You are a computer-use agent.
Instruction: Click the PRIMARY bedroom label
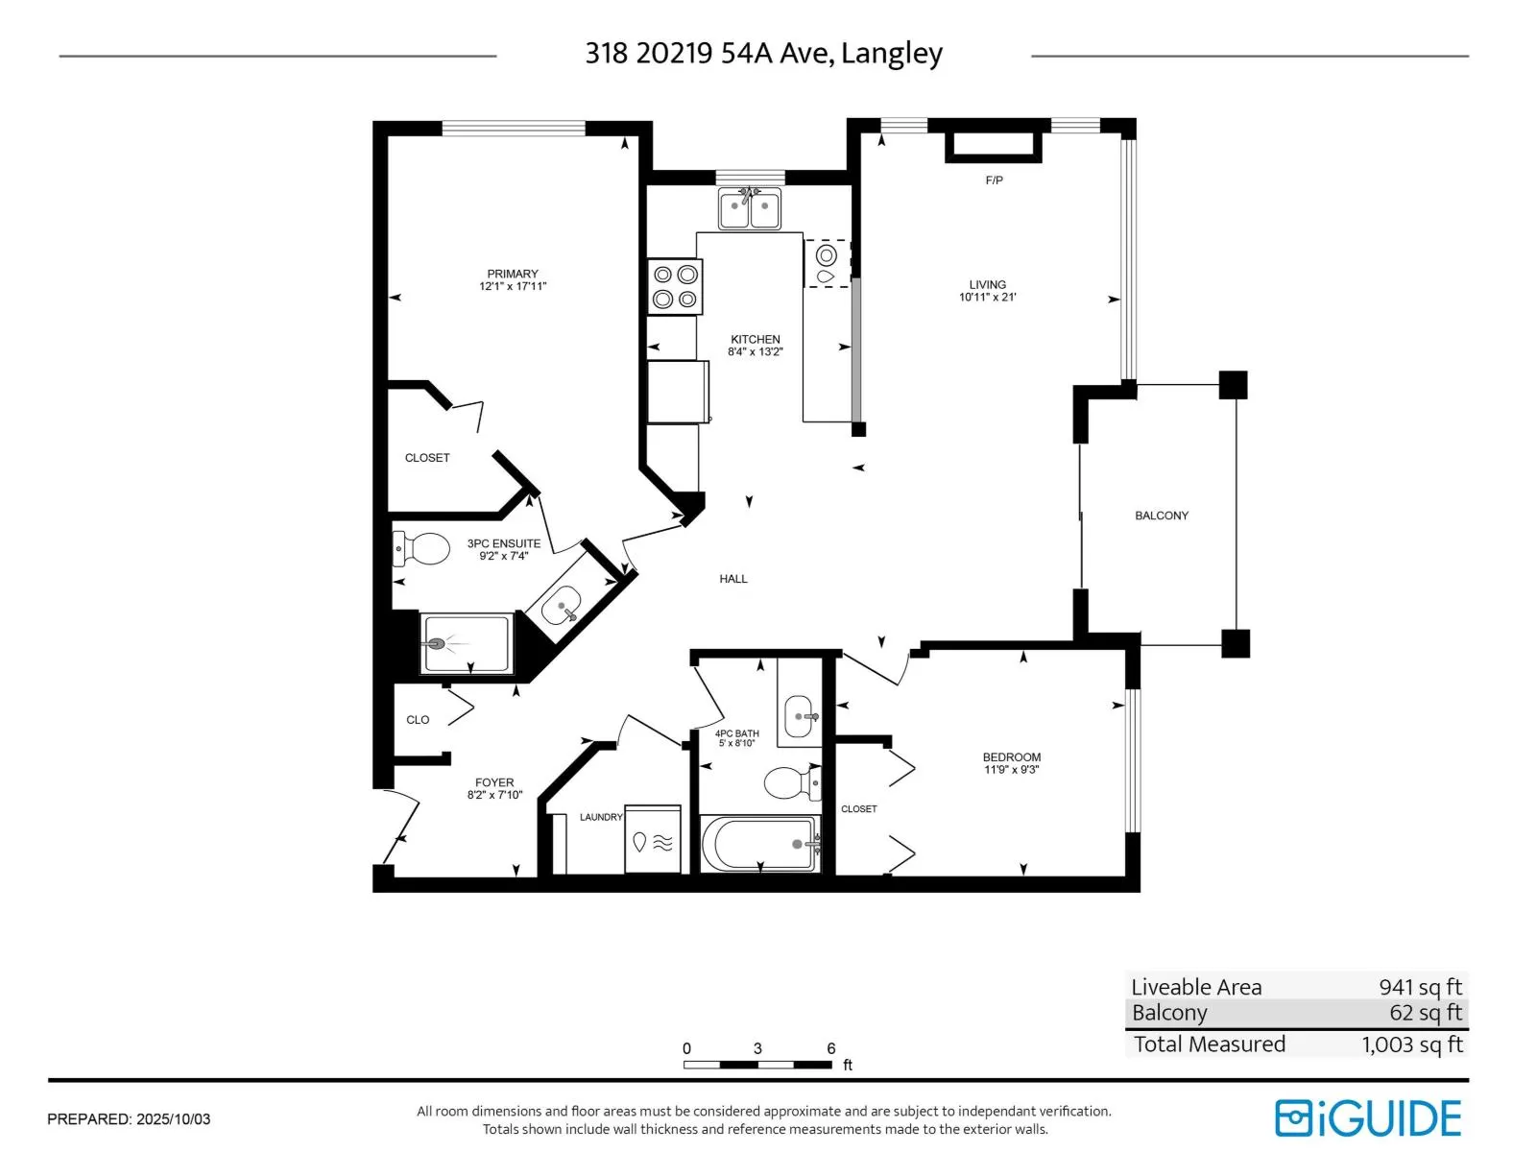pyautogui.click(x=513, y=274)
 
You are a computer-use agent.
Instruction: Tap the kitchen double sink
pyautogui.click(x=750, y=207)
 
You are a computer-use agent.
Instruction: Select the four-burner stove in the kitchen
pyautogui.click(x=675, y=287)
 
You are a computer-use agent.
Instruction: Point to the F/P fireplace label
pyautogui.click(x=994, y=180)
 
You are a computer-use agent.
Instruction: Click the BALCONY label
pyautogui.click(x=1162, y=516)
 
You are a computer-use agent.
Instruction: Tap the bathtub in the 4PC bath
pyautogui.click(x=759, y=844)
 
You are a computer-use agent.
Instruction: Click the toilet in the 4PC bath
pyautogui.click(x=792, y=782)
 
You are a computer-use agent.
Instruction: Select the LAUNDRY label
pyautogui.click(x=601, y=817)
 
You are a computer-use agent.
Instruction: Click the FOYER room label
pyautogui.click(x=494, y=782)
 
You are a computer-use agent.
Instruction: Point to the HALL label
pyautogui.click(x=733, y=579)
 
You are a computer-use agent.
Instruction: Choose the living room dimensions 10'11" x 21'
pyautogui.click(x=988, y=298)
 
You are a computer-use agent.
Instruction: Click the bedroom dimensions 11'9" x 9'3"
pyautogui.click(x=1011, y=769)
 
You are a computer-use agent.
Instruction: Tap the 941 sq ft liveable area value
pyautogui.click(x=1421, y=987)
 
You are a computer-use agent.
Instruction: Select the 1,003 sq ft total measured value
pyautogui.click(x=1412, y=1044)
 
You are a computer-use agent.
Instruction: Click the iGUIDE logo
pyautogui.click(x=1368, y=1117)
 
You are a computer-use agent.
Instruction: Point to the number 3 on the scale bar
pyautogui.click(x=757, y=1048)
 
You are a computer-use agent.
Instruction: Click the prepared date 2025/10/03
pyautogui.click(x=173, y=1119)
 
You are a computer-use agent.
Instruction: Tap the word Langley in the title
pyautogui.click(x=892, y=54)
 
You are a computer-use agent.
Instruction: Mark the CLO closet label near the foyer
pyautogui.click(x=418, y=720)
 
